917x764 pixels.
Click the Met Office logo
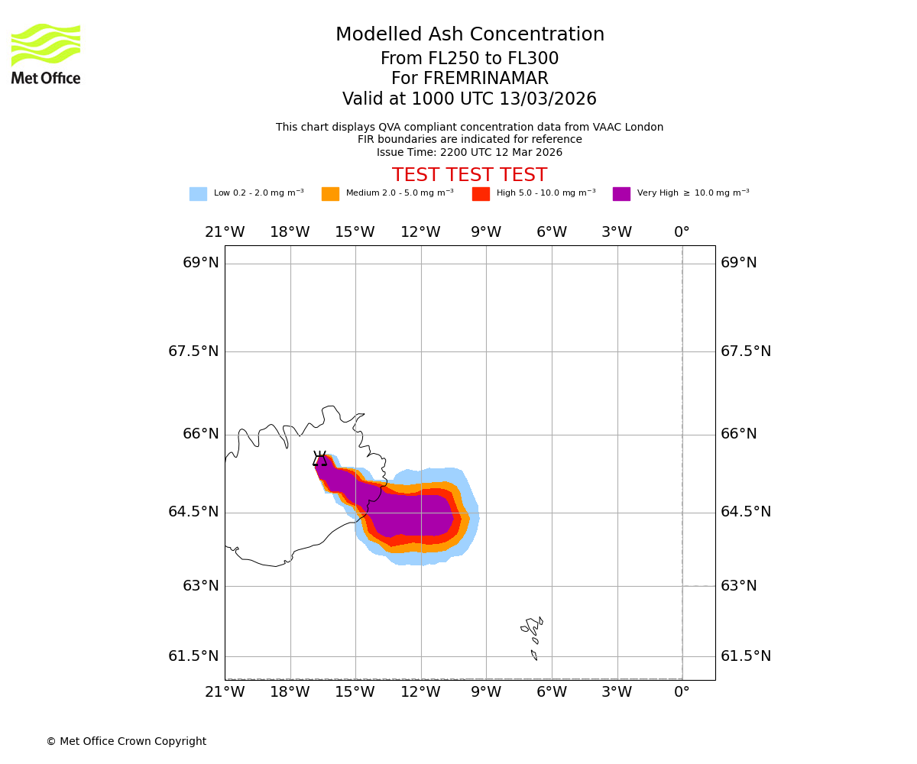46,54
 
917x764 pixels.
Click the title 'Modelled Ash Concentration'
469,35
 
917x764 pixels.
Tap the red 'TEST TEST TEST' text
469,176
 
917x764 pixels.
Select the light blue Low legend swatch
198,194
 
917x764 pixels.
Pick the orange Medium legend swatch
330,194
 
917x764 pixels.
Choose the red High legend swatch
481,194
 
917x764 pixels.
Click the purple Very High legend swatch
621,194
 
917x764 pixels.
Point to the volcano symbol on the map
319,458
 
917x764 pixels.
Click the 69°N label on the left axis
201,263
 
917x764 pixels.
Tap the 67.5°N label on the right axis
746,351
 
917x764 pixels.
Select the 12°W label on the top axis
420,232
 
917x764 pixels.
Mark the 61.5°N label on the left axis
193,656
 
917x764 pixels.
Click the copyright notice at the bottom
126,742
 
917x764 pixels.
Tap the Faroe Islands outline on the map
533,630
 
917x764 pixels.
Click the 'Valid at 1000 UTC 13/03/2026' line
469,99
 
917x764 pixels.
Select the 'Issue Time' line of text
469,153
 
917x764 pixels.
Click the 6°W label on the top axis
551,232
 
